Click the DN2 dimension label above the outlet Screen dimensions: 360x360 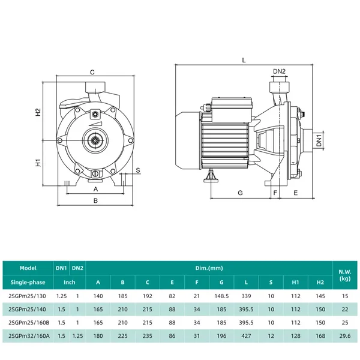[279, 71]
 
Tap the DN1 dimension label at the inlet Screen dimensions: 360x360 [319, 140]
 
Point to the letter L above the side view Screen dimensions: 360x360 [244, 61]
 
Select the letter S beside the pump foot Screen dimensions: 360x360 [138, 170]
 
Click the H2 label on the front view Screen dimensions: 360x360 [38, 112]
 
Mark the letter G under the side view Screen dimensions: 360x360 [240, 193]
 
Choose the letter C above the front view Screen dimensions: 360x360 [92, 73]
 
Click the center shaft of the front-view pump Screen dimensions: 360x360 [95, 140]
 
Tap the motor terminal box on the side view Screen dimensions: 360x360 [232, 109]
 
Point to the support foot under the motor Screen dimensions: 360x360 [211, 176]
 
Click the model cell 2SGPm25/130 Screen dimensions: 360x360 [27, 296]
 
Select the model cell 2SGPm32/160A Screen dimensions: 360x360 [29, 336]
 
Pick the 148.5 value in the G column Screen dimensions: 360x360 [221, 296]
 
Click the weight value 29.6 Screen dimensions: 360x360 [345, 336]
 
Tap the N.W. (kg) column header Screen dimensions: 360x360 [345, 275]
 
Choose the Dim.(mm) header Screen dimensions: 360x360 [209, 268]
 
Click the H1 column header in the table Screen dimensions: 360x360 [295, 282]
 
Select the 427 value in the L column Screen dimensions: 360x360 [246, 336]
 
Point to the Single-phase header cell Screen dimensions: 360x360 [28, 282]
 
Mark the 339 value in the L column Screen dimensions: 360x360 [246, 296]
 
